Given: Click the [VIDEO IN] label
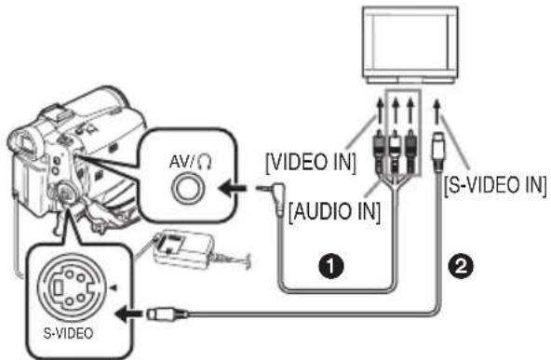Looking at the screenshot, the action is [x=311, y=163].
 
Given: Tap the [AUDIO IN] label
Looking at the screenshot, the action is [x=334, y=212].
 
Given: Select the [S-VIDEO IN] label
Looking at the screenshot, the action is [x=495, y=185].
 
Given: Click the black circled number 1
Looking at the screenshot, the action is [x=331, y=267].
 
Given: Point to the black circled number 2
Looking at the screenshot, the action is [x=460, y=266].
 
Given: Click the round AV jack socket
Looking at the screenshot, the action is [x=187, y=189].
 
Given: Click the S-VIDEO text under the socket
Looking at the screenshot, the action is [x=68, y=333].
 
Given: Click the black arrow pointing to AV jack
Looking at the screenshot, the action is [x=232, y=188].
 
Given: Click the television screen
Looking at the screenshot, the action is [x=410, y=42].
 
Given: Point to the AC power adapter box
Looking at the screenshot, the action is [x=181, y=250].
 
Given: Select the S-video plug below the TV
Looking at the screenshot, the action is [x=437, y=150].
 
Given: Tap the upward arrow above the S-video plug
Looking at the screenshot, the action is [x=437, y=112].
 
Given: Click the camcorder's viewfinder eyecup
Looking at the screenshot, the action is [x=25, y=140].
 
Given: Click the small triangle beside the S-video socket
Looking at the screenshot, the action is [x=114, y=287].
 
